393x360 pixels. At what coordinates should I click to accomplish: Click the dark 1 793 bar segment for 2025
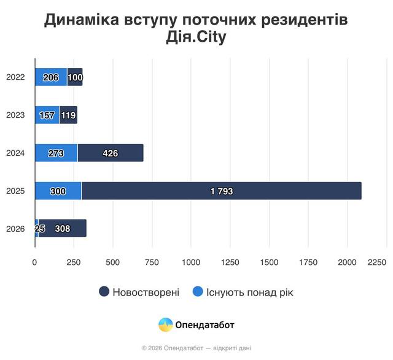tap(221, 191)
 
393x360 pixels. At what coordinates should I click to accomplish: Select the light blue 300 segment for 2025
tap(58, 191)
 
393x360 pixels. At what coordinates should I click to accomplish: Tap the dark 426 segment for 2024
tap(111, 153)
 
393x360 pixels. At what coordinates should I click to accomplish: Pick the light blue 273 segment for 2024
tap(56, 153)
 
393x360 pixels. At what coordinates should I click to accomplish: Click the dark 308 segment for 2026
tap(62, 229)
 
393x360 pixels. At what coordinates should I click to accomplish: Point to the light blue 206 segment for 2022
tap(50, 77)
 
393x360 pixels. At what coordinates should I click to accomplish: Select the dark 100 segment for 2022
tap(75, 77)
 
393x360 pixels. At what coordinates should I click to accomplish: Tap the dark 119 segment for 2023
tap(68, 115)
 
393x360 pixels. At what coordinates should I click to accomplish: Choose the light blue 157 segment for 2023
tap(47, 115)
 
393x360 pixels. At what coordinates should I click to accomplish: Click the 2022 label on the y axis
tap(15, 77)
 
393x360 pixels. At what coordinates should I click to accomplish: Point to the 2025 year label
tap(15, 191)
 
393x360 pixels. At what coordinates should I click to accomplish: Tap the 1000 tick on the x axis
tap(191, 262)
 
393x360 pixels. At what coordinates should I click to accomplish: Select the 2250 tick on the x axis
tap(378, 262)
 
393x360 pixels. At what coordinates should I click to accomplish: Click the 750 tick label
tap(152, 262)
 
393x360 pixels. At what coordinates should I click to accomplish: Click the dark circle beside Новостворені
tap(104, 292)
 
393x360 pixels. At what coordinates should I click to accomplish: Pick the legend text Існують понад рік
tap(249, 292)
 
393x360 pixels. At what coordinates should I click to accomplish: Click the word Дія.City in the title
tap(196, 38)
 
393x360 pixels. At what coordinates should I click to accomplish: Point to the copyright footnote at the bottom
tap(196, 348)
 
